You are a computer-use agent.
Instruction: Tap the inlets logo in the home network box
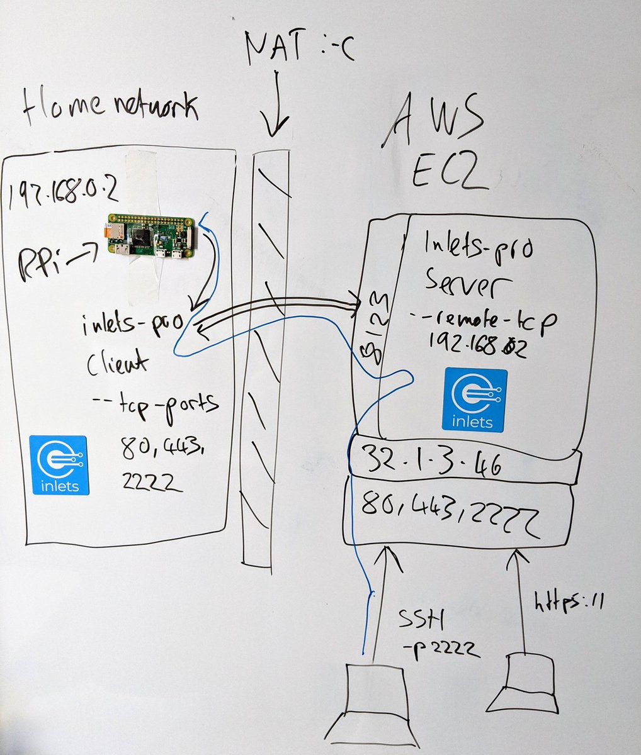tap(60, 465)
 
